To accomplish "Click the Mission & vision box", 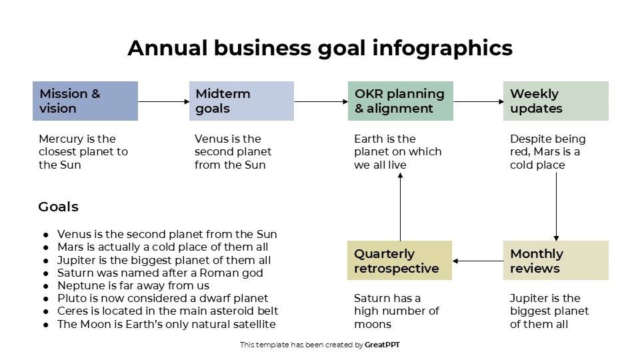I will (85, 101).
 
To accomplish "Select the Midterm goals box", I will (241, 101).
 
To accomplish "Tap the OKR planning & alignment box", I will (400, 101).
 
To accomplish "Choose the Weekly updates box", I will (555, 101).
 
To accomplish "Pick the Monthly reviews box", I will (555, 261).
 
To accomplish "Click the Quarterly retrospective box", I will (399, 261).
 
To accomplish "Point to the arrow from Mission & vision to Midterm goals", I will (163, 102).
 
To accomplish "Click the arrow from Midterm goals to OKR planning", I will (321, 102).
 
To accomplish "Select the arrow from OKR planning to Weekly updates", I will (478, 102).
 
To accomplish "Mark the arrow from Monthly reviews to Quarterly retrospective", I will (478, 261).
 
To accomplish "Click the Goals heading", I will (59, 207).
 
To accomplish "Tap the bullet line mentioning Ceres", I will (167, 311).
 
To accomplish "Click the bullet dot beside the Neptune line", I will (45, 286).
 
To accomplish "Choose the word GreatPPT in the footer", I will (383, 345).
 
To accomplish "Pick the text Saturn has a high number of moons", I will (396, 311).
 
